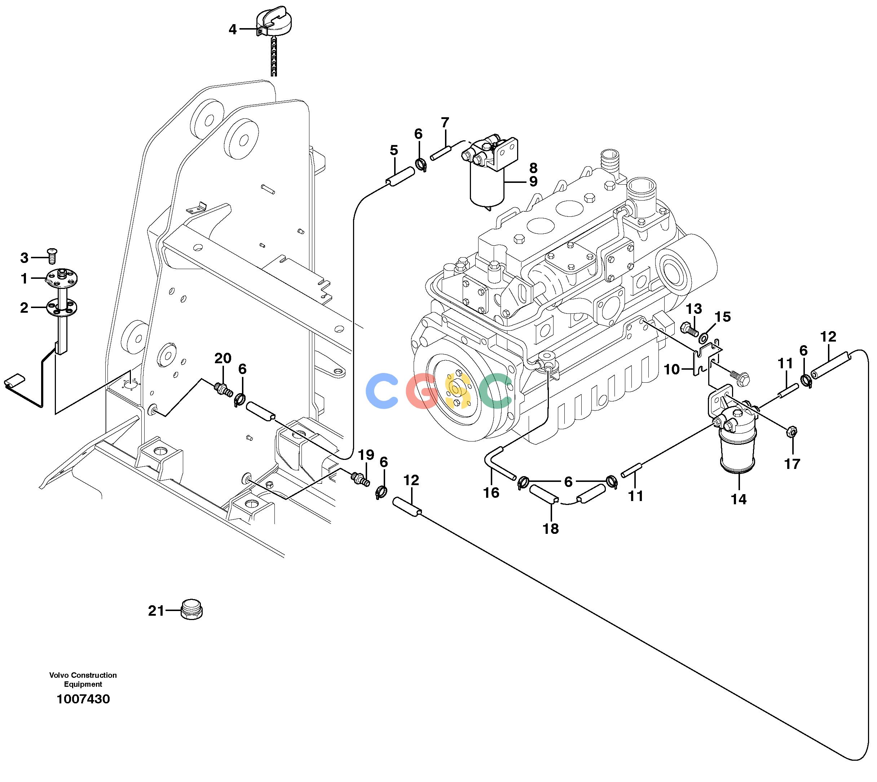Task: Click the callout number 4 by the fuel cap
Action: (x=232, y=29)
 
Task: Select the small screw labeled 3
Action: (x=52, y=256)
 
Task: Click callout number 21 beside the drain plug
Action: (x=156, y=610)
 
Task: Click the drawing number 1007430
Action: (x=83, y=699)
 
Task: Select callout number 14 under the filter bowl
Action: (x=739, y=499)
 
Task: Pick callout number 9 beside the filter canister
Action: (x=533, y=181)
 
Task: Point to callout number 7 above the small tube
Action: (x=445, y=122)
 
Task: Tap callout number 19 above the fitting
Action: (x=366, y=454)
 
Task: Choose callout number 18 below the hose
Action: (x=551, y=528)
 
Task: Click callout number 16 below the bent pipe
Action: (x=491, y=492)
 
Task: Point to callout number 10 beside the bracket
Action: (x=672, y=369)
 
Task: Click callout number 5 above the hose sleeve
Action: (x=394, y=150)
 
